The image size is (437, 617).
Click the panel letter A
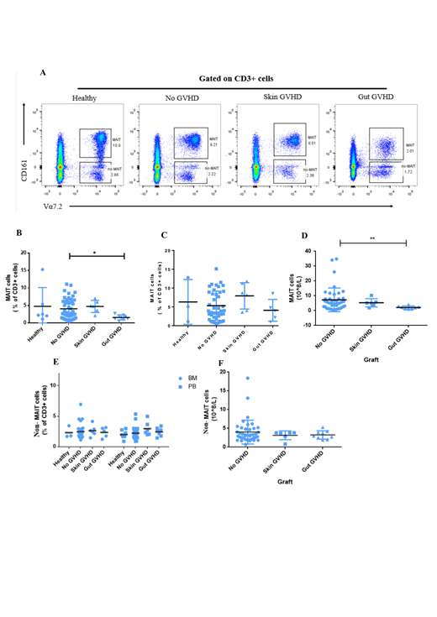pos(44,73)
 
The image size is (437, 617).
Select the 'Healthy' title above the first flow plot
pos(85,99)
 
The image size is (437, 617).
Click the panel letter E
pos(44,363)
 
